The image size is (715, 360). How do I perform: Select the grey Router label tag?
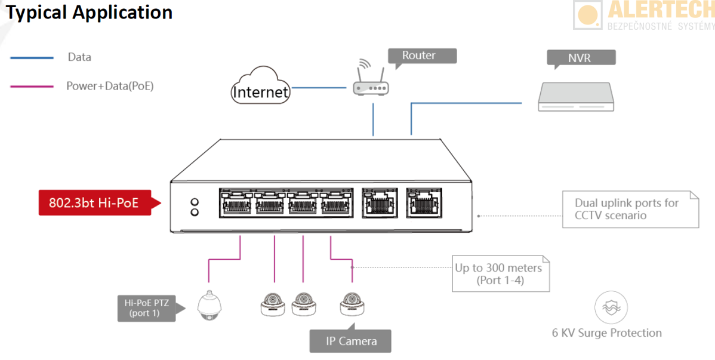click(x=421, y=56)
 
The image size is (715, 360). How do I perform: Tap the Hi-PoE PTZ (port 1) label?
click(x=147, y=307)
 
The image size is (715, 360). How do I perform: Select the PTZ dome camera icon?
click(x=208, y=305)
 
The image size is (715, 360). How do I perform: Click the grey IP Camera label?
click(x=351, y=341)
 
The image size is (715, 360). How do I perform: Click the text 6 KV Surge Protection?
click(x=607, y=333)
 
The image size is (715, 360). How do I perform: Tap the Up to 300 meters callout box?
click(x=500, y=274)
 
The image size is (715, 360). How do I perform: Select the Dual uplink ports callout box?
click(x=630, y=209)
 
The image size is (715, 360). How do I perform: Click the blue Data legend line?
click(x=32, y=57)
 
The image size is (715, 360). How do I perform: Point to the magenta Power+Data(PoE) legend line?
click(x=32, y=87)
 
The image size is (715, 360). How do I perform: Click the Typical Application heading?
click(x=90, y=13)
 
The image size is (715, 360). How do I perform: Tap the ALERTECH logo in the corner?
click(x=643, y=15)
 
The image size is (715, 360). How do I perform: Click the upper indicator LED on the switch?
click(x=194, y=201)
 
